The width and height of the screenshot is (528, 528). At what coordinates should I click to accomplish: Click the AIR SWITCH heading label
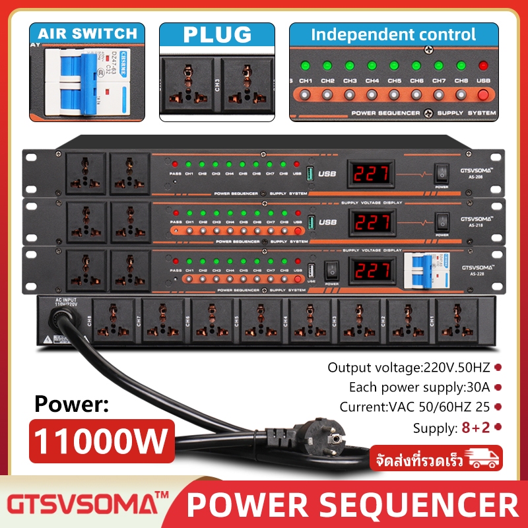[87, 33]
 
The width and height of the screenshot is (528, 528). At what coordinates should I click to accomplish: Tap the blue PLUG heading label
[217, 34]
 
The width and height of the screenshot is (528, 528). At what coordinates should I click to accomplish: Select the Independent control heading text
[393, 34]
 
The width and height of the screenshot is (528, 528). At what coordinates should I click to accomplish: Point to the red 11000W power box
[101, 439]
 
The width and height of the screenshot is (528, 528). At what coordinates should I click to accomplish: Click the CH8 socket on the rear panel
[114, 321]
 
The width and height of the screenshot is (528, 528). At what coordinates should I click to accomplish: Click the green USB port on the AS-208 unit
[311, 175]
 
